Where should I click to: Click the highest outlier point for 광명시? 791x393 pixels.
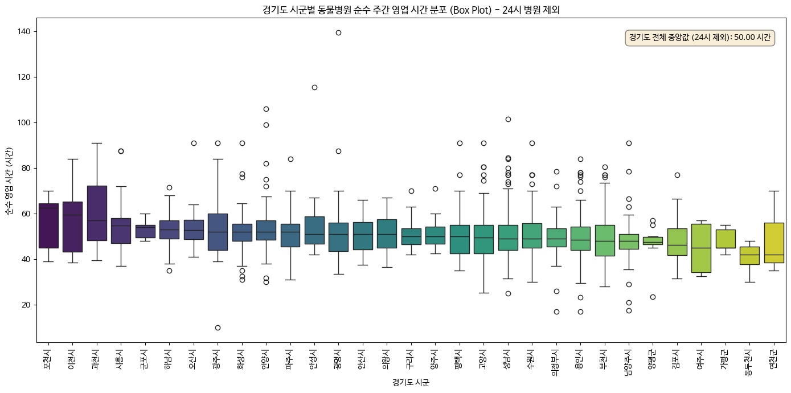338,32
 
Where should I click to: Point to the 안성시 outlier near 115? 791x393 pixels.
314,87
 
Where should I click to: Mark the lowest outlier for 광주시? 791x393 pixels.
218,327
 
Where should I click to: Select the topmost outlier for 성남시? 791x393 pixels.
508,119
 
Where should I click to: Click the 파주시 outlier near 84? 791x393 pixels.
290,159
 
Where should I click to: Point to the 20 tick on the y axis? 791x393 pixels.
26,305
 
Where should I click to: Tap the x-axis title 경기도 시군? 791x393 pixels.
411,383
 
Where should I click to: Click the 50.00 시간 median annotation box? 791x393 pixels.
700,38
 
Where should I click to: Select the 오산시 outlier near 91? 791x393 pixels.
194,143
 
